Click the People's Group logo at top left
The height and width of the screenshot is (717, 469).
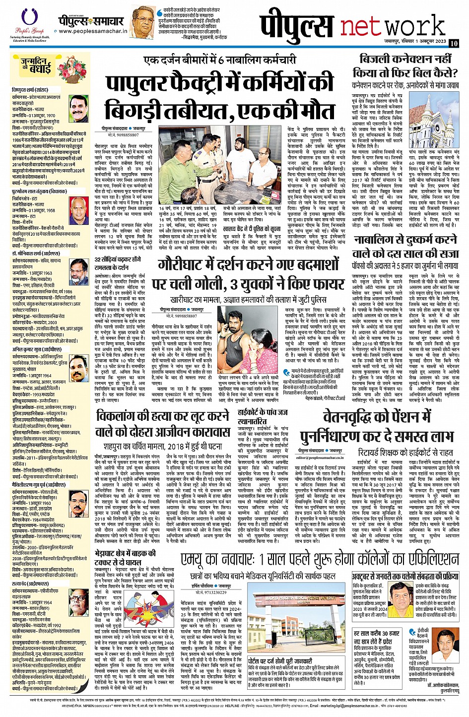28,24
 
